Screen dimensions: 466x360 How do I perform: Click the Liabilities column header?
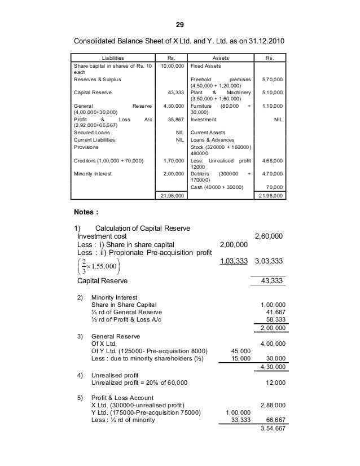point(112,58)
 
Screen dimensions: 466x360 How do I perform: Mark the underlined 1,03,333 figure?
point(232,261)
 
